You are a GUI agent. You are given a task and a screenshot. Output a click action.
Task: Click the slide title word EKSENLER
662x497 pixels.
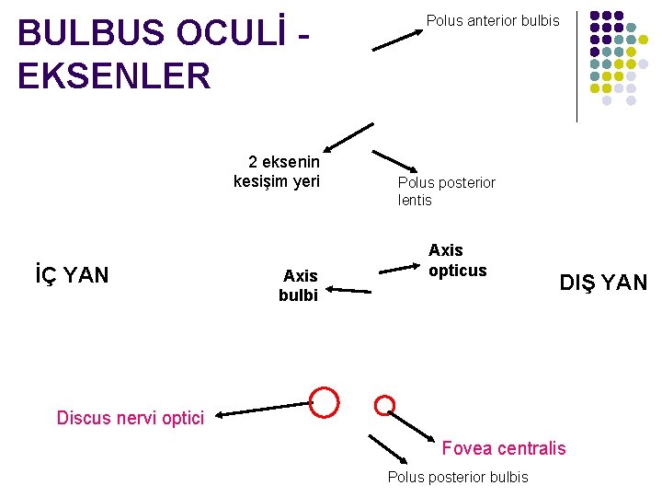114,75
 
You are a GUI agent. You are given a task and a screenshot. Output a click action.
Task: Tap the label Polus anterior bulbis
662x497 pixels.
492,20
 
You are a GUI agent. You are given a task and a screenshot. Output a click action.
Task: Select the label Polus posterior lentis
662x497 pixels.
446,191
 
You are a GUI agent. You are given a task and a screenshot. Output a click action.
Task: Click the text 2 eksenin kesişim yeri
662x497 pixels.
277,171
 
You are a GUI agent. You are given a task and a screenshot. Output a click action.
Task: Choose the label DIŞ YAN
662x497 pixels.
603,283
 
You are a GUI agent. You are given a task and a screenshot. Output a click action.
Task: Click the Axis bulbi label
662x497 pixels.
299,285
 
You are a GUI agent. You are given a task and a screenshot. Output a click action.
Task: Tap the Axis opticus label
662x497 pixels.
457,260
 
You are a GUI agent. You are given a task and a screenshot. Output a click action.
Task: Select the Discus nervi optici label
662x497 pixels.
130,418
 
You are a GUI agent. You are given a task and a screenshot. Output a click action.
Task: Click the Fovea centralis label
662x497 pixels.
504,448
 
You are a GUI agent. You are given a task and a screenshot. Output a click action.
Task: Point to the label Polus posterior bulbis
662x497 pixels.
458,477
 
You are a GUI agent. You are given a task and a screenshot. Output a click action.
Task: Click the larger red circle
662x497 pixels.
324,402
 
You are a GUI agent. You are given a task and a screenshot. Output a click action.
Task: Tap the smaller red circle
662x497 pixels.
386,404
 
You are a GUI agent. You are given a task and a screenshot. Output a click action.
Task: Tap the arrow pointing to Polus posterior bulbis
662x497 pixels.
387,448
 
